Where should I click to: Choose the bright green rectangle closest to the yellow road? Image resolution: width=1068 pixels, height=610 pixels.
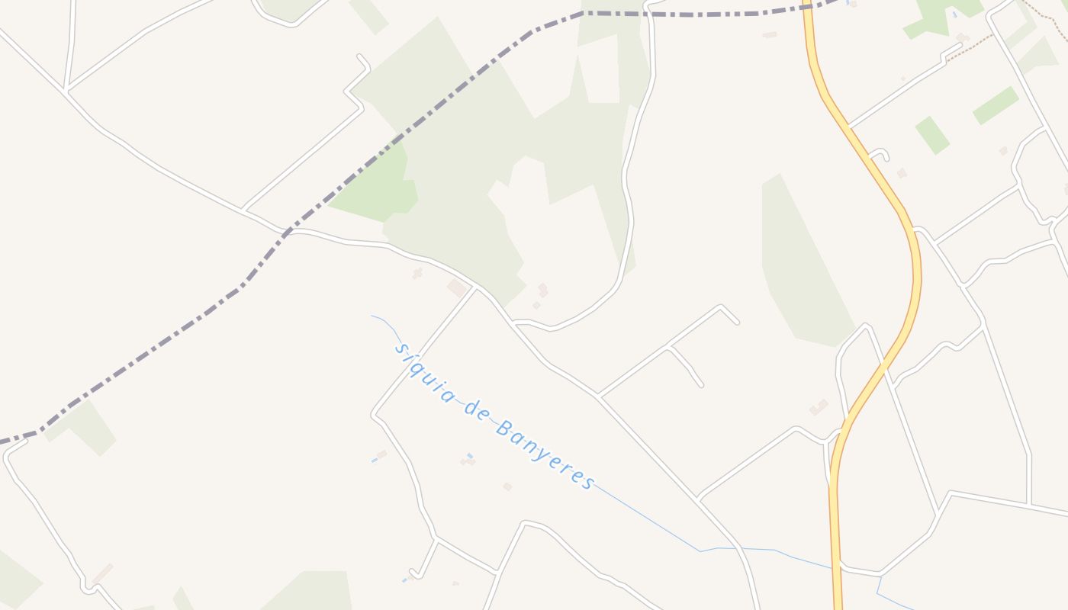pos(931,136)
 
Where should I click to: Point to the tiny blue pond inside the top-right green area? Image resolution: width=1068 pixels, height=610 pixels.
pos(954,14)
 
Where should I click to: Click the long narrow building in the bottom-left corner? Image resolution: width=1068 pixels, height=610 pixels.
pos(102,574)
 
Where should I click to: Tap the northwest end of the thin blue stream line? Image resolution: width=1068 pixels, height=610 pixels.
pos(372,316)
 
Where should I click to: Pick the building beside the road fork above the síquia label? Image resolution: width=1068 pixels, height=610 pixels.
pos(458,287)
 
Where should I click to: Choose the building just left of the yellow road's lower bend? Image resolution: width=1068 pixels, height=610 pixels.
pos(819,407)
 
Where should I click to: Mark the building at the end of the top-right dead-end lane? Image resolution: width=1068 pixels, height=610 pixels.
pos(962,37)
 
